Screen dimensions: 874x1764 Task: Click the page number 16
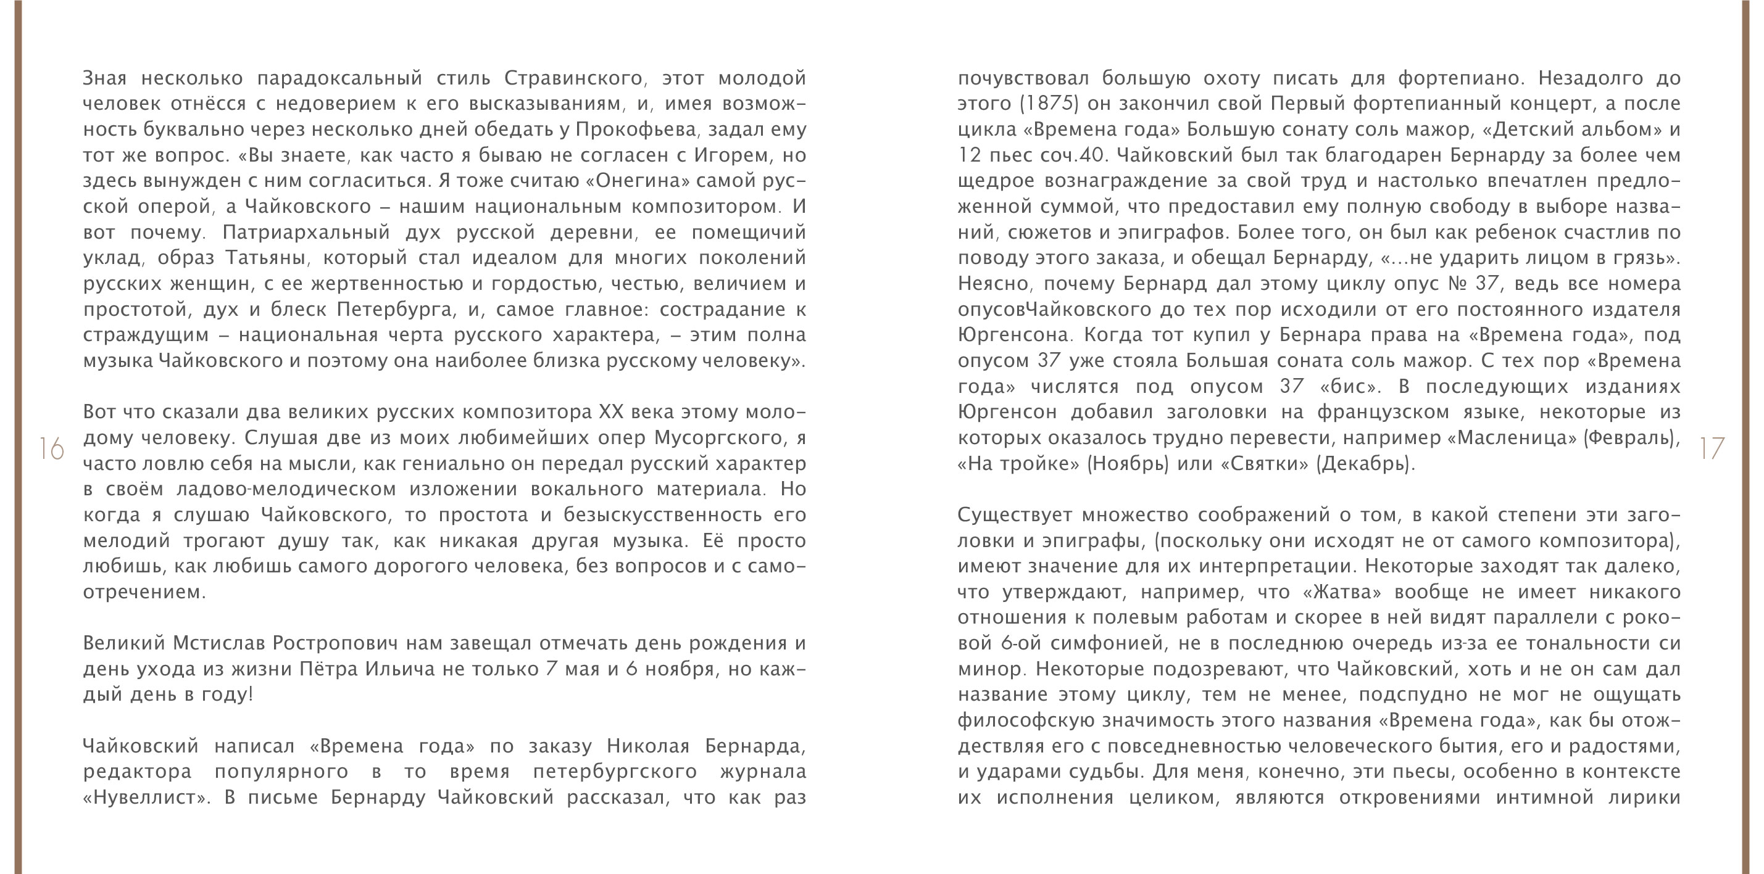tap(51, 449)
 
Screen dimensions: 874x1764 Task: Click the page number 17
tap(1712, 449)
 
